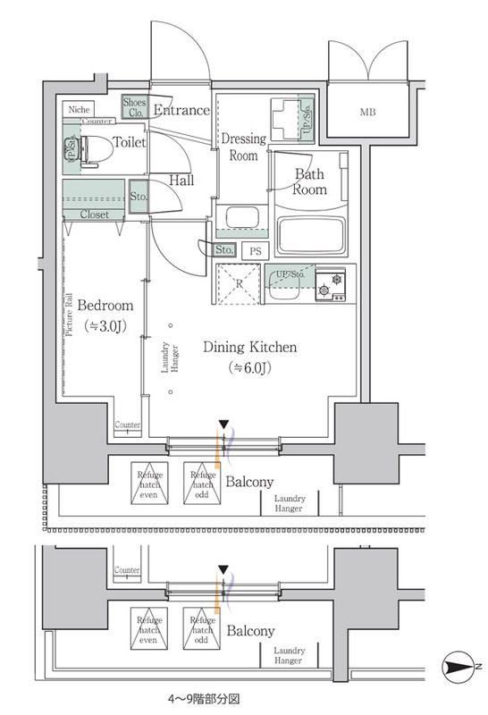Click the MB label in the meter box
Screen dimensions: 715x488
point(367,114)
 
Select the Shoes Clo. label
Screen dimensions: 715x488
point(134,107)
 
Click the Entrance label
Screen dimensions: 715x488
point(181,111)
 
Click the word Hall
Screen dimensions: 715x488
point(181,181)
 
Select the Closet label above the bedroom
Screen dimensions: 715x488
point(95,215)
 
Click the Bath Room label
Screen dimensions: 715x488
point(308,182)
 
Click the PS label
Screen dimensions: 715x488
point(255,252)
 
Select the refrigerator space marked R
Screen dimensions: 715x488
point(238,285)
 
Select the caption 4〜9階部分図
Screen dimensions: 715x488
point(203,700)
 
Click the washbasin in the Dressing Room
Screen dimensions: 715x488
point(240,218)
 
